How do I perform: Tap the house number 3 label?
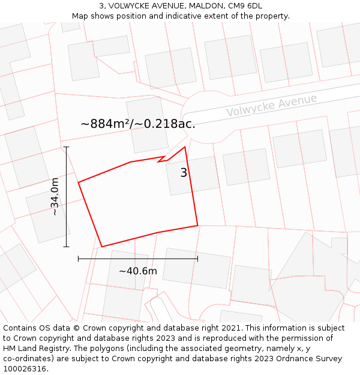(x=184, y=173)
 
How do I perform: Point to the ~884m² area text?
(x=137, y=124)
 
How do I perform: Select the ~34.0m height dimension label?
(x=54, y=196)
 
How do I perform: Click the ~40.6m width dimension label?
(x=137, y=271)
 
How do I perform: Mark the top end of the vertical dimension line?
(x=66, y=147)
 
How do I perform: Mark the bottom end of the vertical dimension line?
(x=66, y=247)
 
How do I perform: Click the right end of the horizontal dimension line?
(x=197, y=259)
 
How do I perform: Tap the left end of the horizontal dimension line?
(x=79, y=259)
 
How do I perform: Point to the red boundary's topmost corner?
(x=185, y=147)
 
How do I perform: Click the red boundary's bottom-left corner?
(x=102, y=247)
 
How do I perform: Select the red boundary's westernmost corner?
(x=79, y=182)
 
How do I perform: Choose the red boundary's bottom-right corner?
(x=197, y=226)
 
